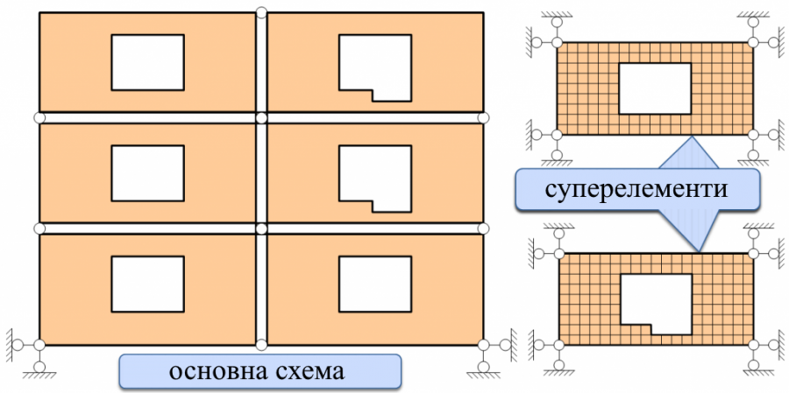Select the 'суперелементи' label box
tap(636, 189)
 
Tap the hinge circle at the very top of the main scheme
tap(260, 11)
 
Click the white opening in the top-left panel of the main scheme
tap(147, 62)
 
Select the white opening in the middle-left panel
tap(147, 172)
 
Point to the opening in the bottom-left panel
tap(147, 284)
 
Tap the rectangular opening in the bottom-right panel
tap(374, 284)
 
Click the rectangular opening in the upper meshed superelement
tap(654, 88)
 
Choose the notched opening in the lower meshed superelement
tap(654, 299)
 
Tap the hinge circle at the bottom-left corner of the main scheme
tap(39, 342)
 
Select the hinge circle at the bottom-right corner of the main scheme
tap(483, 342)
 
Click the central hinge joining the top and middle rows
tap(260, 117)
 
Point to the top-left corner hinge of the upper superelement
tap(557, 41)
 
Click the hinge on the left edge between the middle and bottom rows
tap(39, 228)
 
